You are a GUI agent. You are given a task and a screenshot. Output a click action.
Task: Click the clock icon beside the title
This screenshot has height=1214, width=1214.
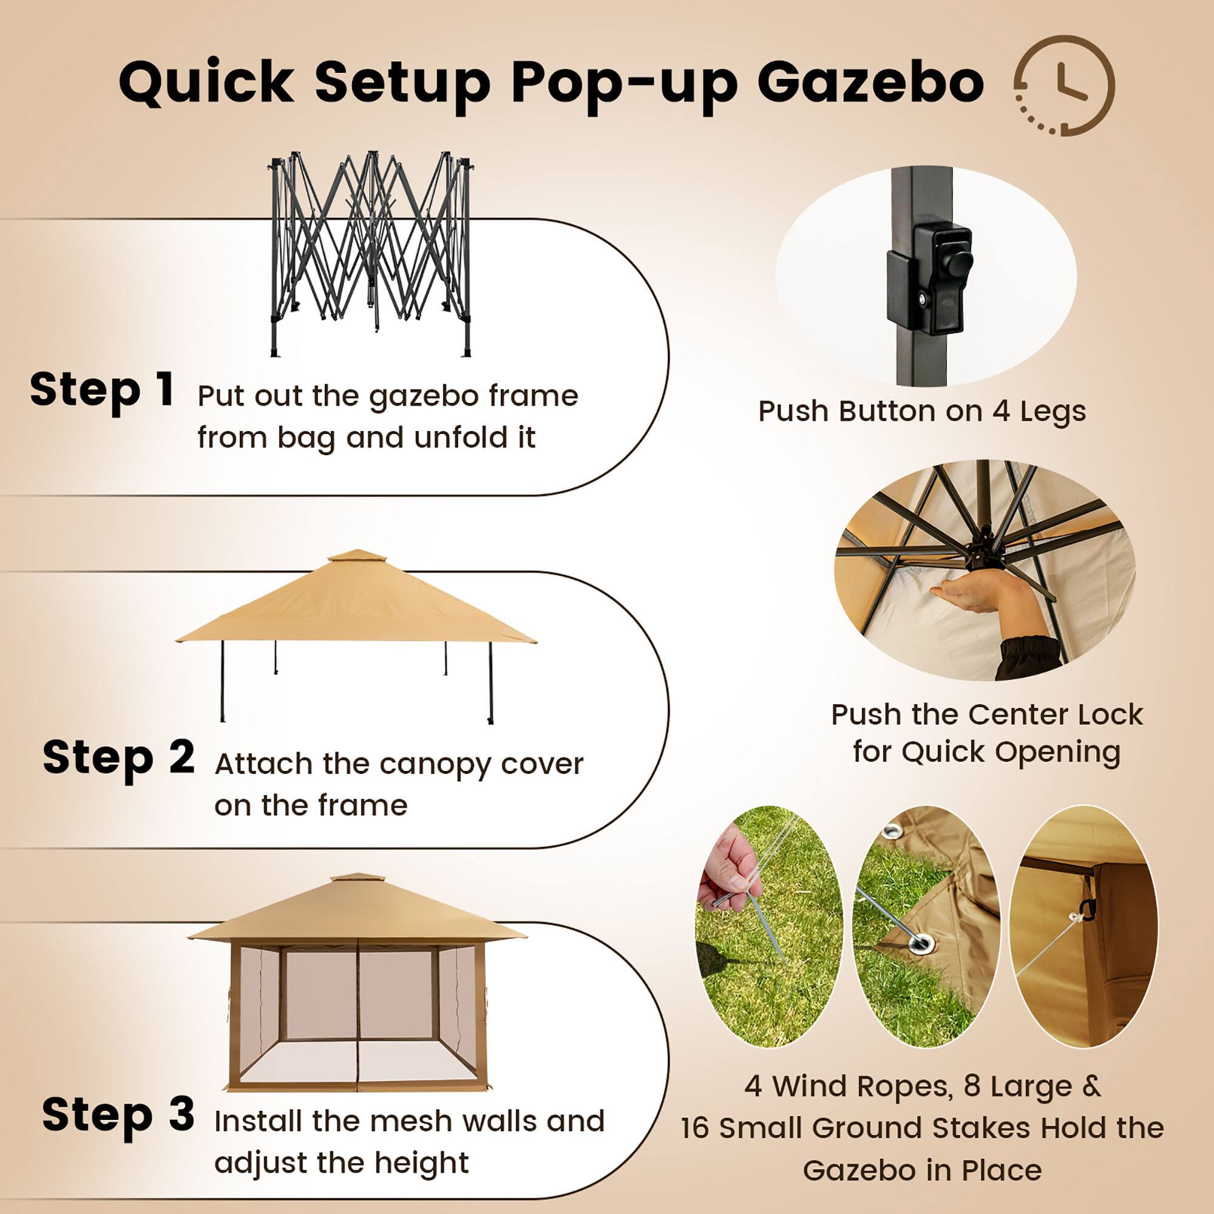[x=1065, y=86]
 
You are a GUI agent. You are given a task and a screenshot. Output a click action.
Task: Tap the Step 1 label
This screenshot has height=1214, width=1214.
[x=102, y=390]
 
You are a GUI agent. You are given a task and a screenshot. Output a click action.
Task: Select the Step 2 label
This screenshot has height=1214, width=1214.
[x=118, y=758]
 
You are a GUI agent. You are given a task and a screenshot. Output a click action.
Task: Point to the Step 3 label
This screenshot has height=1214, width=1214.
[x=118, y=1114]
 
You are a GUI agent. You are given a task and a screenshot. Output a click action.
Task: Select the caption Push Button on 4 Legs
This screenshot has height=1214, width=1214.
[x=922, y=412]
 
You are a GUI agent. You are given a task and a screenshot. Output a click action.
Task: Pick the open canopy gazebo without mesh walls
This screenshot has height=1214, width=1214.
[x=356, y=635]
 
